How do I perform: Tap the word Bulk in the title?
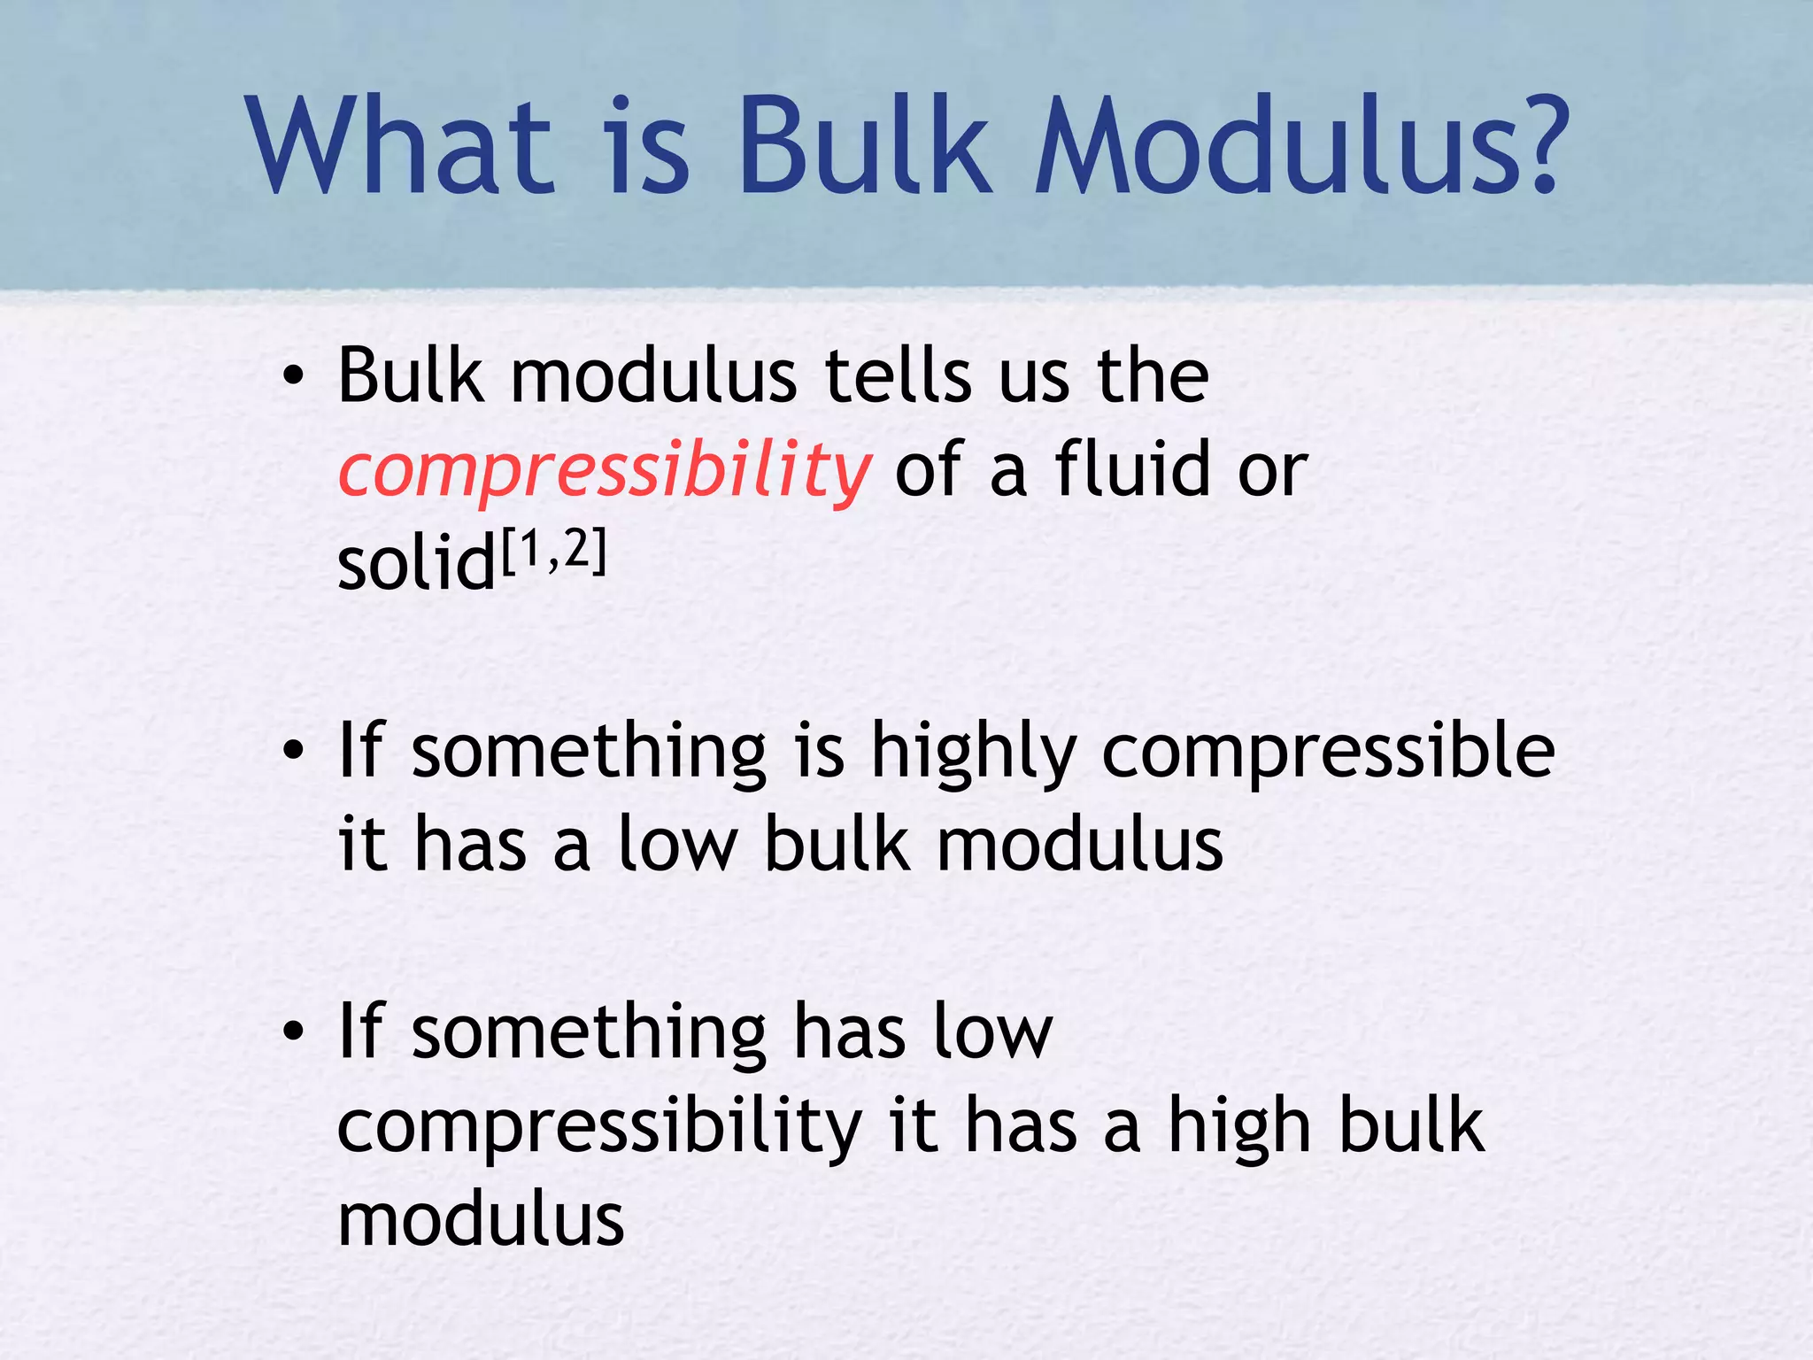click(x=864, y=146)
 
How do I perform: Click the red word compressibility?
click(x=605, y=471)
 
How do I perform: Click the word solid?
click(x=417, y=565)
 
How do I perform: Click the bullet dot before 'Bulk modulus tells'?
click(x=293, y=379)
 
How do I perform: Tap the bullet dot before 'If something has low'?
click(x=293, y=1033)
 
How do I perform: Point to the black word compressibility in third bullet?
click(x=599, y=1128)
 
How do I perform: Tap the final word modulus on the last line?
click(x=481, y=1220)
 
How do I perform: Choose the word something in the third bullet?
click(x=589, y=1032)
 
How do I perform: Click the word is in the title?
click(x=648, y=146)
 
